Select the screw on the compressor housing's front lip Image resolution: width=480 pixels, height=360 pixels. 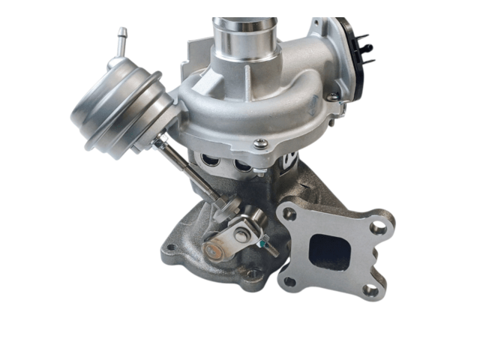(259, 143)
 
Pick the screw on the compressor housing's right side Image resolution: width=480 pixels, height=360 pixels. (331, 97)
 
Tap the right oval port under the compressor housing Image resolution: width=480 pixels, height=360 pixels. (241, 163)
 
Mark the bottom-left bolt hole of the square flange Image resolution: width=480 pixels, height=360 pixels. (289, 281)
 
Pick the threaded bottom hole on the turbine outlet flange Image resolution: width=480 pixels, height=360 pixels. (255, 275)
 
